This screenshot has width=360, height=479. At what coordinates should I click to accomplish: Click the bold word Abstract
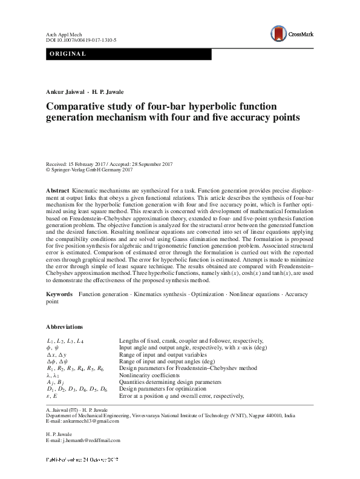tap(57, 191)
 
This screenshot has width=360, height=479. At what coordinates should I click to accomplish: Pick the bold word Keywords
tap(60, 294)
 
